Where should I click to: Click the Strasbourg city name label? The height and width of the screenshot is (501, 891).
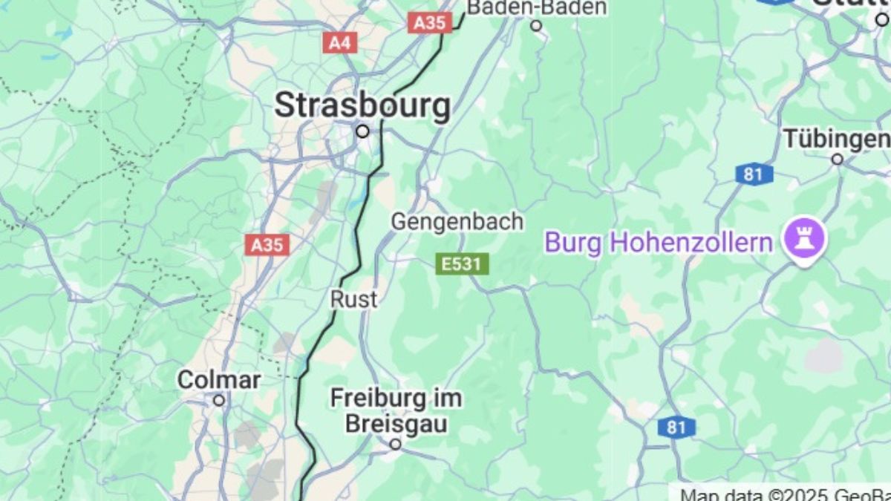point(362,105)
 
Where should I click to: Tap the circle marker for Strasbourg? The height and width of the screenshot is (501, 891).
point(362,131)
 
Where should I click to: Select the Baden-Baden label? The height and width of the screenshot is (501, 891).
point(536,7)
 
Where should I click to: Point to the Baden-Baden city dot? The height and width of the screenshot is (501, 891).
point(536,26)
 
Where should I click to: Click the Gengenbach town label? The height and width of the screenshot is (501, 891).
point(457,222)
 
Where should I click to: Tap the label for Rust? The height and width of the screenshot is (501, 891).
point(353,300)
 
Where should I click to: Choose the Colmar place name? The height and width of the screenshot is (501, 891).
point(218,381)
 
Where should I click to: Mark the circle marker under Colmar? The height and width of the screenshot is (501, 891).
point(218,400)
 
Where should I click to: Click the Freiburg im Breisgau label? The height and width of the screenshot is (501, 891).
point(396,410)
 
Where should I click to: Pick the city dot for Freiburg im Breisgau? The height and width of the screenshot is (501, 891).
point(396,444)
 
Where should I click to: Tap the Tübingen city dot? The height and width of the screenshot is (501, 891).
point(837,159)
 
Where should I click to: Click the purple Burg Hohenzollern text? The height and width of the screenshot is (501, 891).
point(659,243)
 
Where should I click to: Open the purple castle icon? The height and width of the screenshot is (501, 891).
point(805,239)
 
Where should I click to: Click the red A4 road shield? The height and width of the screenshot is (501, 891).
point(339,42)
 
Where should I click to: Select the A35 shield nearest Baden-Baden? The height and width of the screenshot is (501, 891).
point(430,23)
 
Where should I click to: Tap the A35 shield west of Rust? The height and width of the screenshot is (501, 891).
point(268,245)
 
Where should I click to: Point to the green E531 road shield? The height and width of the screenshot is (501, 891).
point(462,263)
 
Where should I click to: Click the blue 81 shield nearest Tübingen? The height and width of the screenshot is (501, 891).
point(754,174)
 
